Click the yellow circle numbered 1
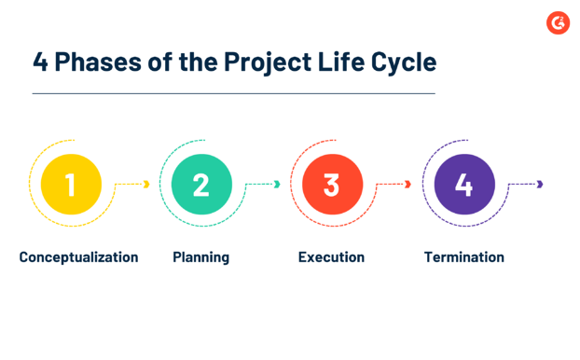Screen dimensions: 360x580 [x=70, y=184]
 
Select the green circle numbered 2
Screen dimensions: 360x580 [x=200, y=184]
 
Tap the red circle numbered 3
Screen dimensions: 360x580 [x=331, y=184]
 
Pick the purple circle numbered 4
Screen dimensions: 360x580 [x=463, y=184]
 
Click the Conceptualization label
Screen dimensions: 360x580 [x=78, y=256]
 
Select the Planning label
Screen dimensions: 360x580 [x=200, y=256]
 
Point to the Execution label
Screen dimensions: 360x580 [x=331, y=256]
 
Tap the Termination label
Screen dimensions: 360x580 [x=463, y=256]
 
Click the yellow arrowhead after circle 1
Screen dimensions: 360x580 [x=145, y=185]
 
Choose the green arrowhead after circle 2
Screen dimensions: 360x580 [x=277, y=185]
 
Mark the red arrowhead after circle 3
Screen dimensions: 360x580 [x=407, y=185]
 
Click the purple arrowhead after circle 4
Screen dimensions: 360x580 [x=540, y=185]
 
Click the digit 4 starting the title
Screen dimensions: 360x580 [x=41, y=62]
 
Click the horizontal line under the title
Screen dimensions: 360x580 [x=233, y=93]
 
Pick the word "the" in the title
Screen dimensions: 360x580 [x=197, y=62]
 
